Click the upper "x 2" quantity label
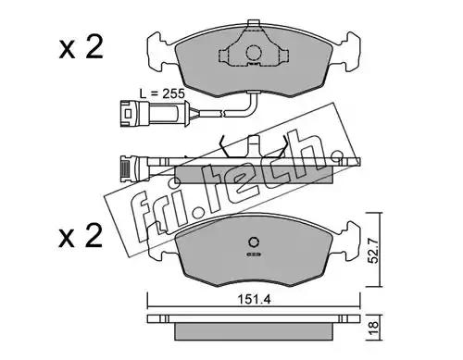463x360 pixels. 81,48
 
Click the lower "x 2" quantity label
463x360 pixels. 81,236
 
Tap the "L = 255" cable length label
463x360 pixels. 162,93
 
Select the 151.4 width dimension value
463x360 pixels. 254,299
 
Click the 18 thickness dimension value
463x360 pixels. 374,325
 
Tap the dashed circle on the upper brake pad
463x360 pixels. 254,53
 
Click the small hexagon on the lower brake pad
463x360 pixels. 254,242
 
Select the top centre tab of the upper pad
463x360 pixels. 253,23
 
